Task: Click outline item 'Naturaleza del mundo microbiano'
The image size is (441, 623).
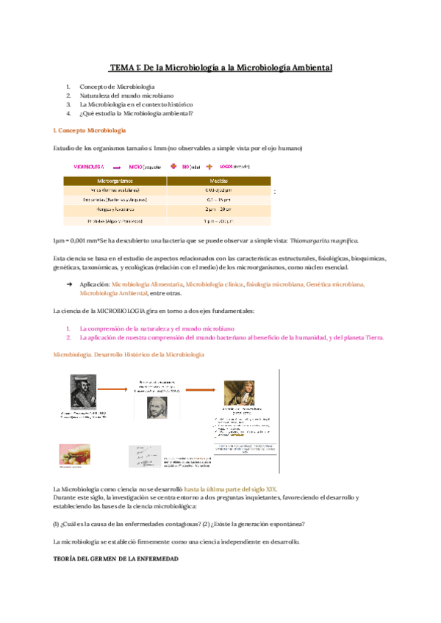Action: pyautogui.click(x=121, y=96)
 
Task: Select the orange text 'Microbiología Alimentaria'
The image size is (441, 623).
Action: pyautogui.click(x=147, y=284)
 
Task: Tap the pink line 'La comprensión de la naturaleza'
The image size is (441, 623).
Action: pyautogui.click(x=157, y=328)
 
